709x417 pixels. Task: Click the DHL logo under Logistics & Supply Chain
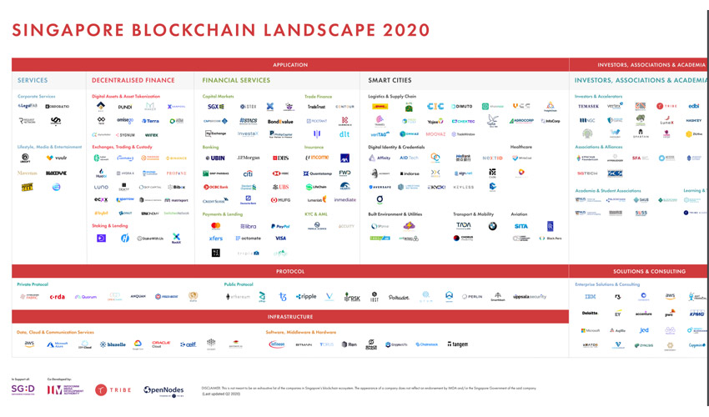coord(380,107)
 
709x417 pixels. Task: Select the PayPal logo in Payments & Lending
coord(280,226)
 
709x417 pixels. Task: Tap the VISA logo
coord(280,239)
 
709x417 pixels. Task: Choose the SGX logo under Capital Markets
coord(215,107)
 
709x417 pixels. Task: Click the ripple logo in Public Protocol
coord(306,297)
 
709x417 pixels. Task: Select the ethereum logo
coord(239,297)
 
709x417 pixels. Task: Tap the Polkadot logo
coord(399,297)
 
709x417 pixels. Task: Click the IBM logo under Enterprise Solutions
coord(590,297)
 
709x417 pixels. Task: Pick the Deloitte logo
coord(590,314)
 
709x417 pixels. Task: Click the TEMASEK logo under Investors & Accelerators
coord(588,107)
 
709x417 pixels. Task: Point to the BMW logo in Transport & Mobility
coord(492,226)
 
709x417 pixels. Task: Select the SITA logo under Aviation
coord(520,226)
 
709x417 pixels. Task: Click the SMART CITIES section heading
coord(390,81)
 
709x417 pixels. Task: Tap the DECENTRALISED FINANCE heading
coord(133,81)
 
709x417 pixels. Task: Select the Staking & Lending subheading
coord(110,225)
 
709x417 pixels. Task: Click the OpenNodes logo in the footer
coord(163,390)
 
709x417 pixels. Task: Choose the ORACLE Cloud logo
coord(161,344)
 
